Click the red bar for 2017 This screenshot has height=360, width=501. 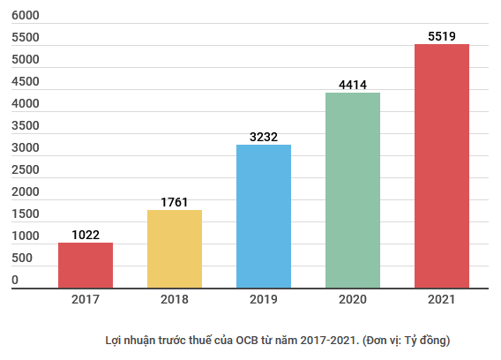(86, 265)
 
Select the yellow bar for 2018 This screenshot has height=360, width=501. (175, 249)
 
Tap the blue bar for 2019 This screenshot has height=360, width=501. (264, 216)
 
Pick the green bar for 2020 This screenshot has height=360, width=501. (353, 190)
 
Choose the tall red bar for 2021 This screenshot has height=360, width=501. (442, 166)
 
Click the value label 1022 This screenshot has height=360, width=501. (86, 235)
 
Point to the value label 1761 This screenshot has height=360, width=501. (175, 202)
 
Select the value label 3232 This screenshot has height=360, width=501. (264, 137)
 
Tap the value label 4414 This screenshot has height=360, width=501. (353, 85)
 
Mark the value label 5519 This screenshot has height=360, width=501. (442, 36)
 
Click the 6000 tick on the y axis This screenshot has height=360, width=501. (26, 16)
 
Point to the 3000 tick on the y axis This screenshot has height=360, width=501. (26, 148)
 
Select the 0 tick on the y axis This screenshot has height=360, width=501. (15, 281)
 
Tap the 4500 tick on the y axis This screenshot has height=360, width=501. (26, 82)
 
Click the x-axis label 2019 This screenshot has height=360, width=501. (264, 300)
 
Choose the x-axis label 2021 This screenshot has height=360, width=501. (442, 300)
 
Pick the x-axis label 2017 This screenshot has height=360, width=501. (86, 300)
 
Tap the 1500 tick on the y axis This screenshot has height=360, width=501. (26, 214)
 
